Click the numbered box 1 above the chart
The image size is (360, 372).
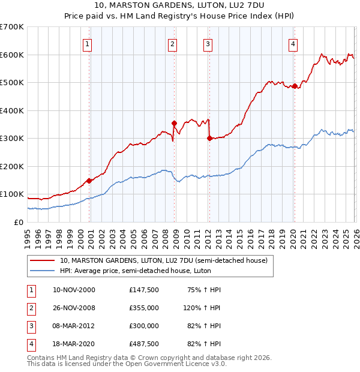(88, 44)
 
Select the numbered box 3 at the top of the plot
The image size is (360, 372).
(208, 44)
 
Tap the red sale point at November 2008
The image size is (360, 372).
(174, 124)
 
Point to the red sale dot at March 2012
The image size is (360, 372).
(209, 139)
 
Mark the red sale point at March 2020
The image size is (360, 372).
(295, 86)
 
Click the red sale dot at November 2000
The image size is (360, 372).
(89, 181)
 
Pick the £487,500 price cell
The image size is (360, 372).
(143, 344)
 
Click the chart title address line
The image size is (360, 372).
(179, 7)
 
